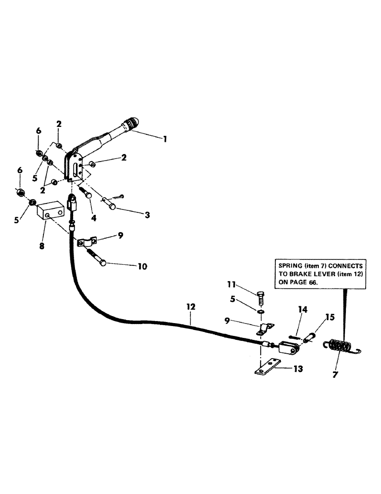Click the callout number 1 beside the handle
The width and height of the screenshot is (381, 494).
[x=164, y=139]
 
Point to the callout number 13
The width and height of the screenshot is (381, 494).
[x=299, y=368]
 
